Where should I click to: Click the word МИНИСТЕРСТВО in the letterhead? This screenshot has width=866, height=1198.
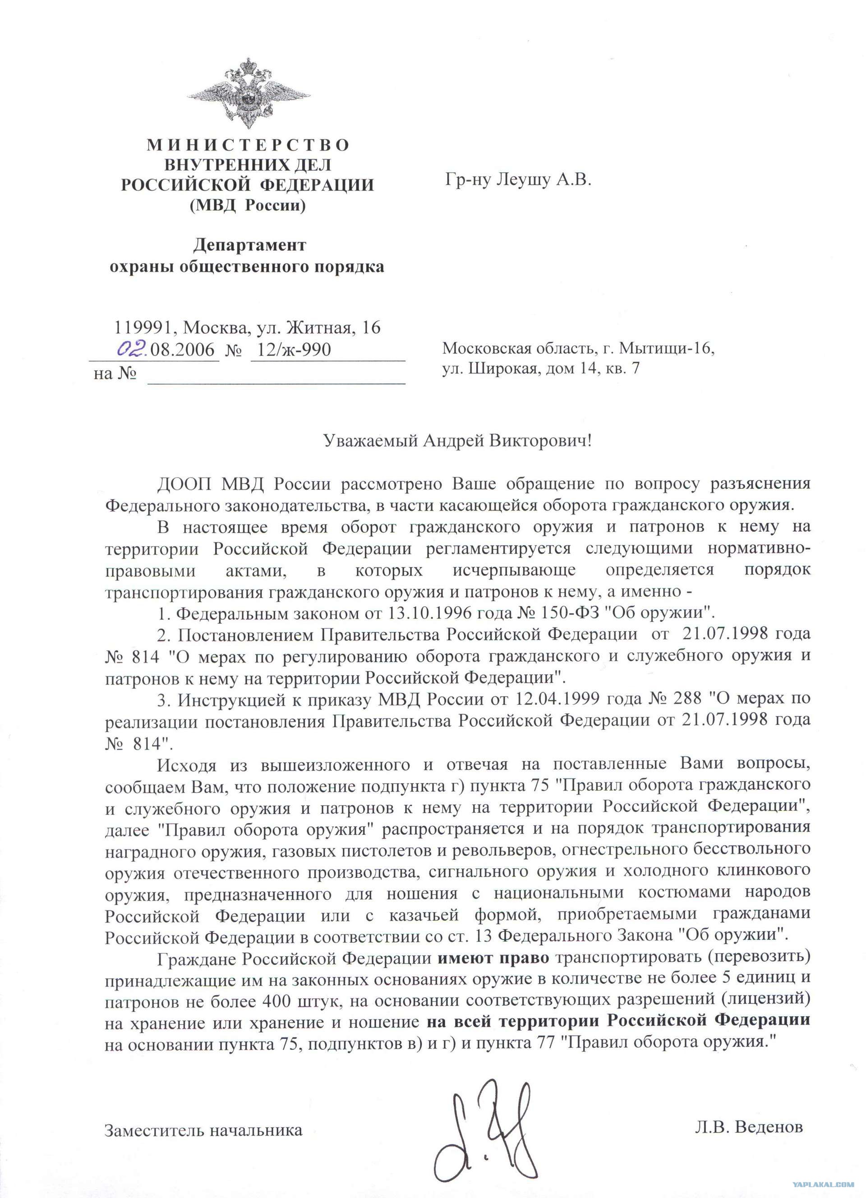pyautogui.click(x=248, y=145)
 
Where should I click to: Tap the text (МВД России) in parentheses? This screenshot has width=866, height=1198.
pyautogui.click(x=248, y=205)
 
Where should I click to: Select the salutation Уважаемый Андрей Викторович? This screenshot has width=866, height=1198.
pyautogui.click(x=458, y=440)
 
